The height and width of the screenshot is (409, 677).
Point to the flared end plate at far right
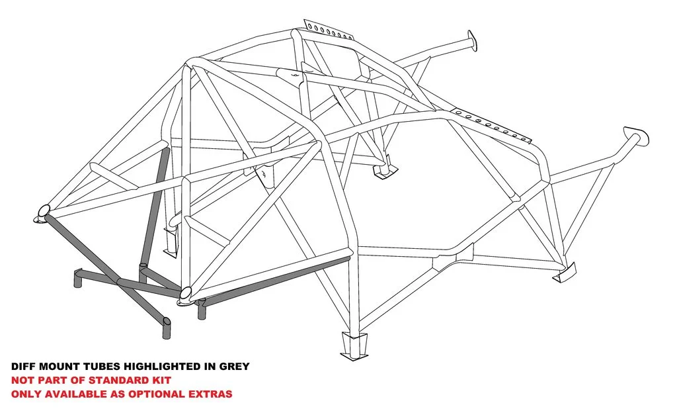point(637,136)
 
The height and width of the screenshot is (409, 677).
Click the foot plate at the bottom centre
point(354,345)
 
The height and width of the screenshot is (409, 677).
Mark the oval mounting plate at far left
point(42,214)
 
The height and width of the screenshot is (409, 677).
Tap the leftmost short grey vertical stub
point(78,279)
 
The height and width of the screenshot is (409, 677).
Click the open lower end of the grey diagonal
point(167,321)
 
